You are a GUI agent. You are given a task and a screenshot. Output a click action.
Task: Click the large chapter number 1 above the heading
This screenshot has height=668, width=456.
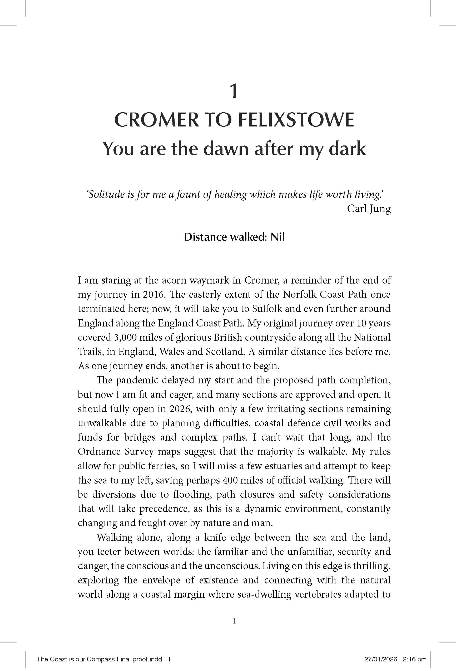tap(234, 91)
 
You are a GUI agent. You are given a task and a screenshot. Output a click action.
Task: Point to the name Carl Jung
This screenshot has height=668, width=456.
tap(369, 208)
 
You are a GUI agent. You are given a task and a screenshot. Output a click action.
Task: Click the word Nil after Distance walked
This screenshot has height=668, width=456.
tap(277, 237)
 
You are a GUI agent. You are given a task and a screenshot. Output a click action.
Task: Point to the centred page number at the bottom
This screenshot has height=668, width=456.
tap(234, 621)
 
